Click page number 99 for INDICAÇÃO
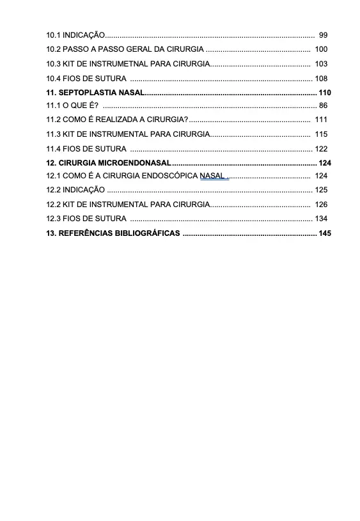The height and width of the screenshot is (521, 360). click(323, 35)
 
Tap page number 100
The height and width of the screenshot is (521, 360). click(322, 49)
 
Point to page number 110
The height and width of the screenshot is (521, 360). click(325, 93)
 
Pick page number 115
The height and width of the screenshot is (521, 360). click(322, 134)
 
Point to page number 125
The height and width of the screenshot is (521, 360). click(322, 190)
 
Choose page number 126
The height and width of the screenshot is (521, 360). click(322, 205)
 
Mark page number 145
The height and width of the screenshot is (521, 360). click(325, 233)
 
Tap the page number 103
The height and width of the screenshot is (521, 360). click(322, 64)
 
